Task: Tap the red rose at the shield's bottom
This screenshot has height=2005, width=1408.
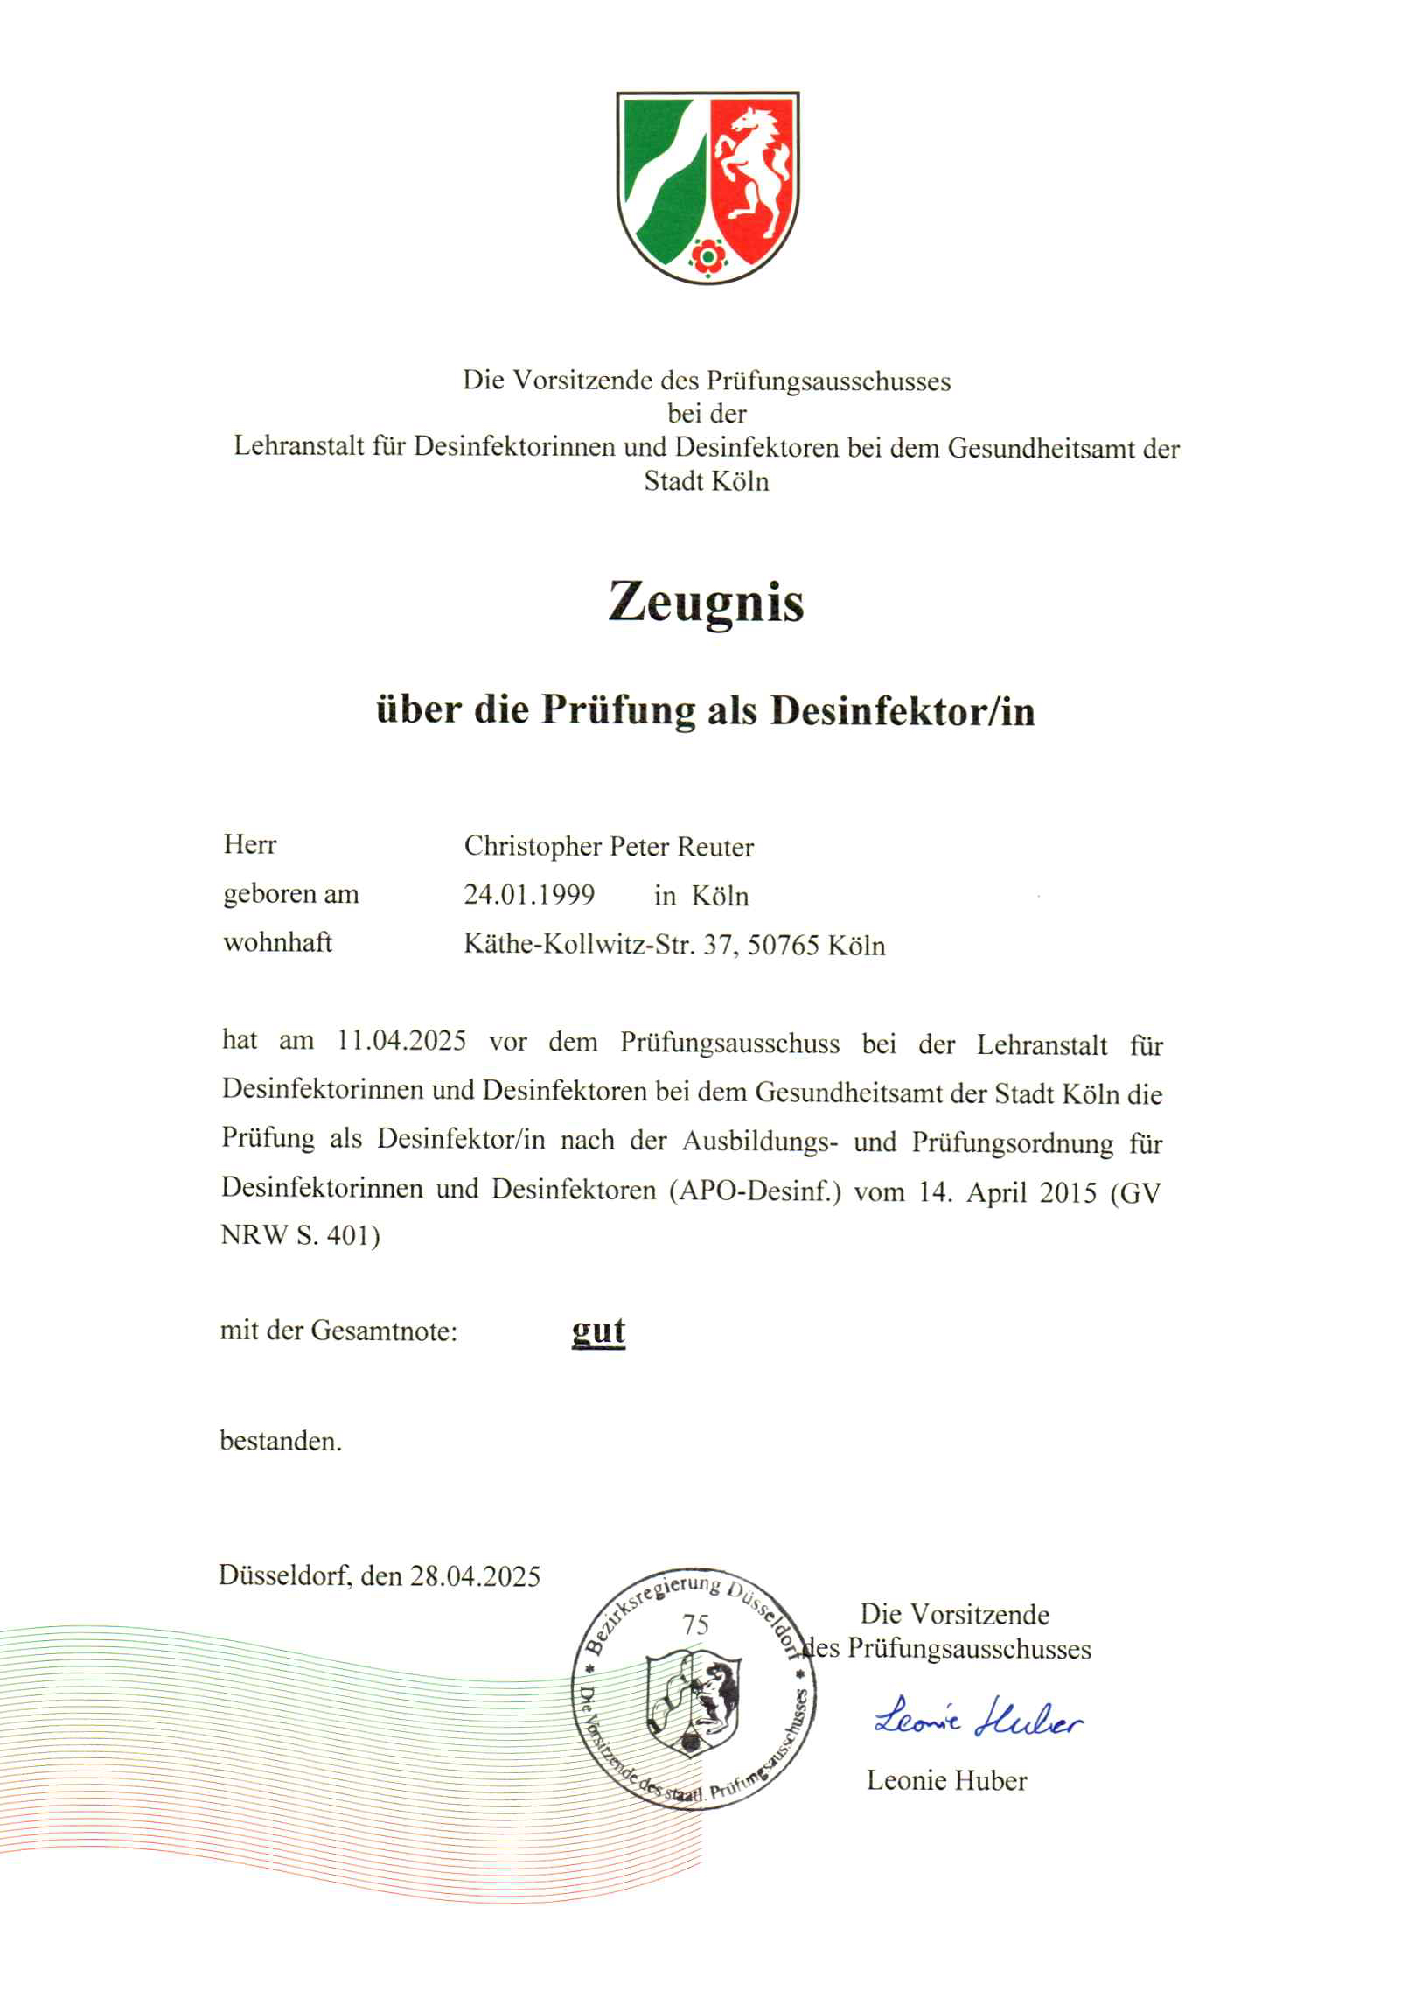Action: point(707,256)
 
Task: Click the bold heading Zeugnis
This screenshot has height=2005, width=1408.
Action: point(706,603)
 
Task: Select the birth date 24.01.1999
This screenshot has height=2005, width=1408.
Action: point(529,894)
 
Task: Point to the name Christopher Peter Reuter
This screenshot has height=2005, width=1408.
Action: point(609,846)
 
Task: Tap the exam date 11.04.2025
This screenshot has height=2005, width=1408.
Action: point(401,1041)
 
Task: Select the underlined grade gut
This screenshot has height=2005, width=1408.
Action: point(598,1331)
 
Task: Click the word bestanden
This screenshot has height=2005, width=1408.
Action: point(281,1441)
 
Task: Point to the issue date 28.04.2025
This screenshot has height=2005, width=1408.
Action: point(475,1576)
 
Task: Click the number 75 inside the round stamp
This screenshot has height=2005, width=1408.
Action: point(695,1624)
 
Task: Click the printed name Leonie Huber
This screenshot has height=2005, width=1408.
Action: point(946,1780)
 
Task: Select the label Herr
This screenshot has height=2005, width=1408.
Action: point(250,844)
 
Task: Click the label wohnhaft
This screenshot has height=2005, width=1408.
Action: point(277,942)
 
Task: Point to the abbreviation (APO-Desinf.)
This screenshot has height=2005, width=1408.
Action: point(754,1191)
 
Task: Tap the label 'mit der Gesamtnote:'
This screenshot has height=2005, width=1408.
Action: point(338,1331)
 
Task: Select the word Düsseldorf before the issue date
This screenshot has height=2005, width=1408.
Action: point(285,1576)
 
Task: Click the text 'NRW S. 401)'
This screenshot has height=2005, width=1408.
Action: point(300,1235)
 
